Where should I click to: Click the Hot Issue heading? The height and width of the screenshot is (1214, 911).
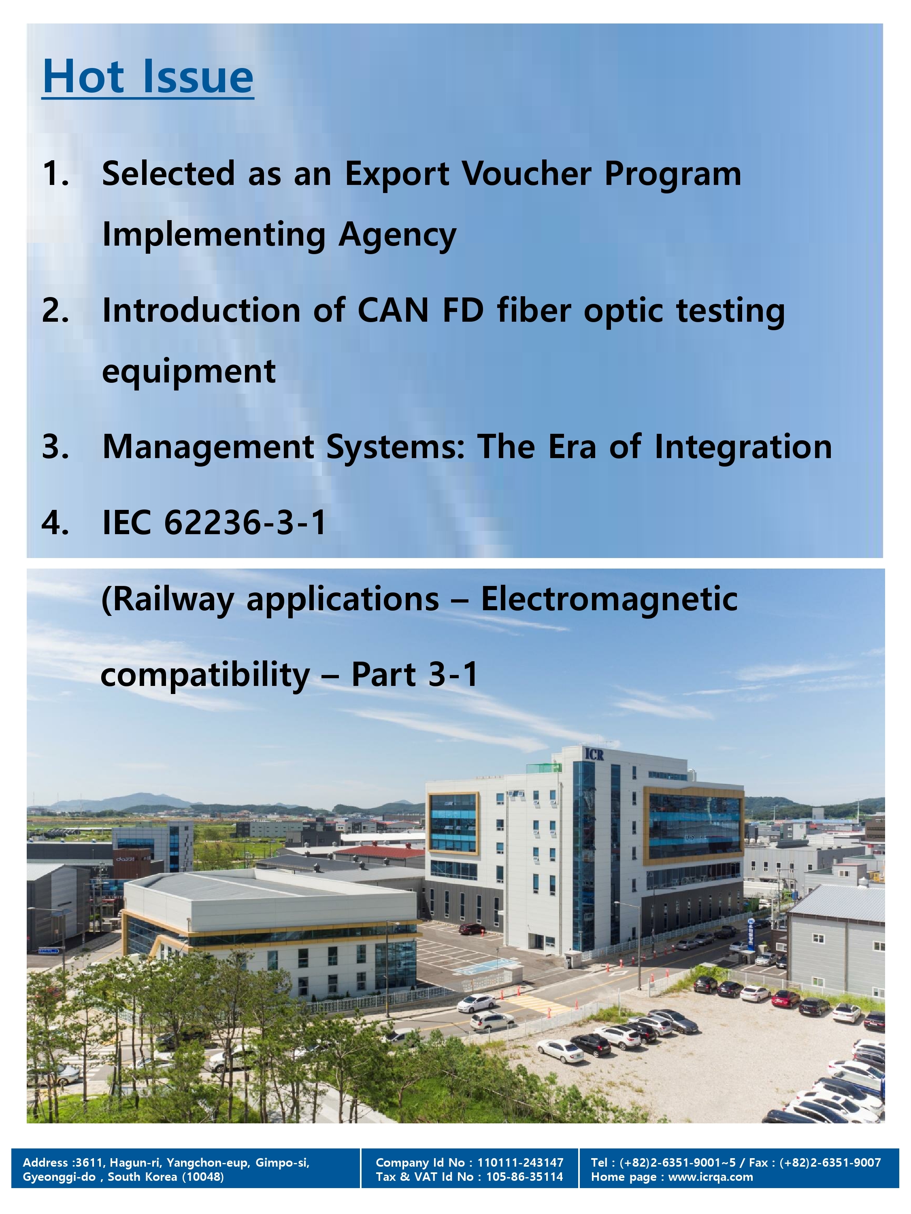pyautogui.click(x=148, y=76)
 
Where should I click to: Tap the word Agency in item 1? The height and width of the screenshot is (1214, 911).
pyautogui.click(x=397, y=236)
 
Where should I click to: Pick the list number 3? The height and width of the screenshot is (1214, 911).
pyautogui.click(x=55, y=447)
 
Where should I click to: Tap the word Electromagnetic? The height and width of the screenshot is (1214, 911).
pyautogui.click(x=609, y=599)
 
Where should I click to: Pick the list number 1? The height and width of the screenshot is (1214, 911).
pyautogui.click(x=55, y=174)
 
